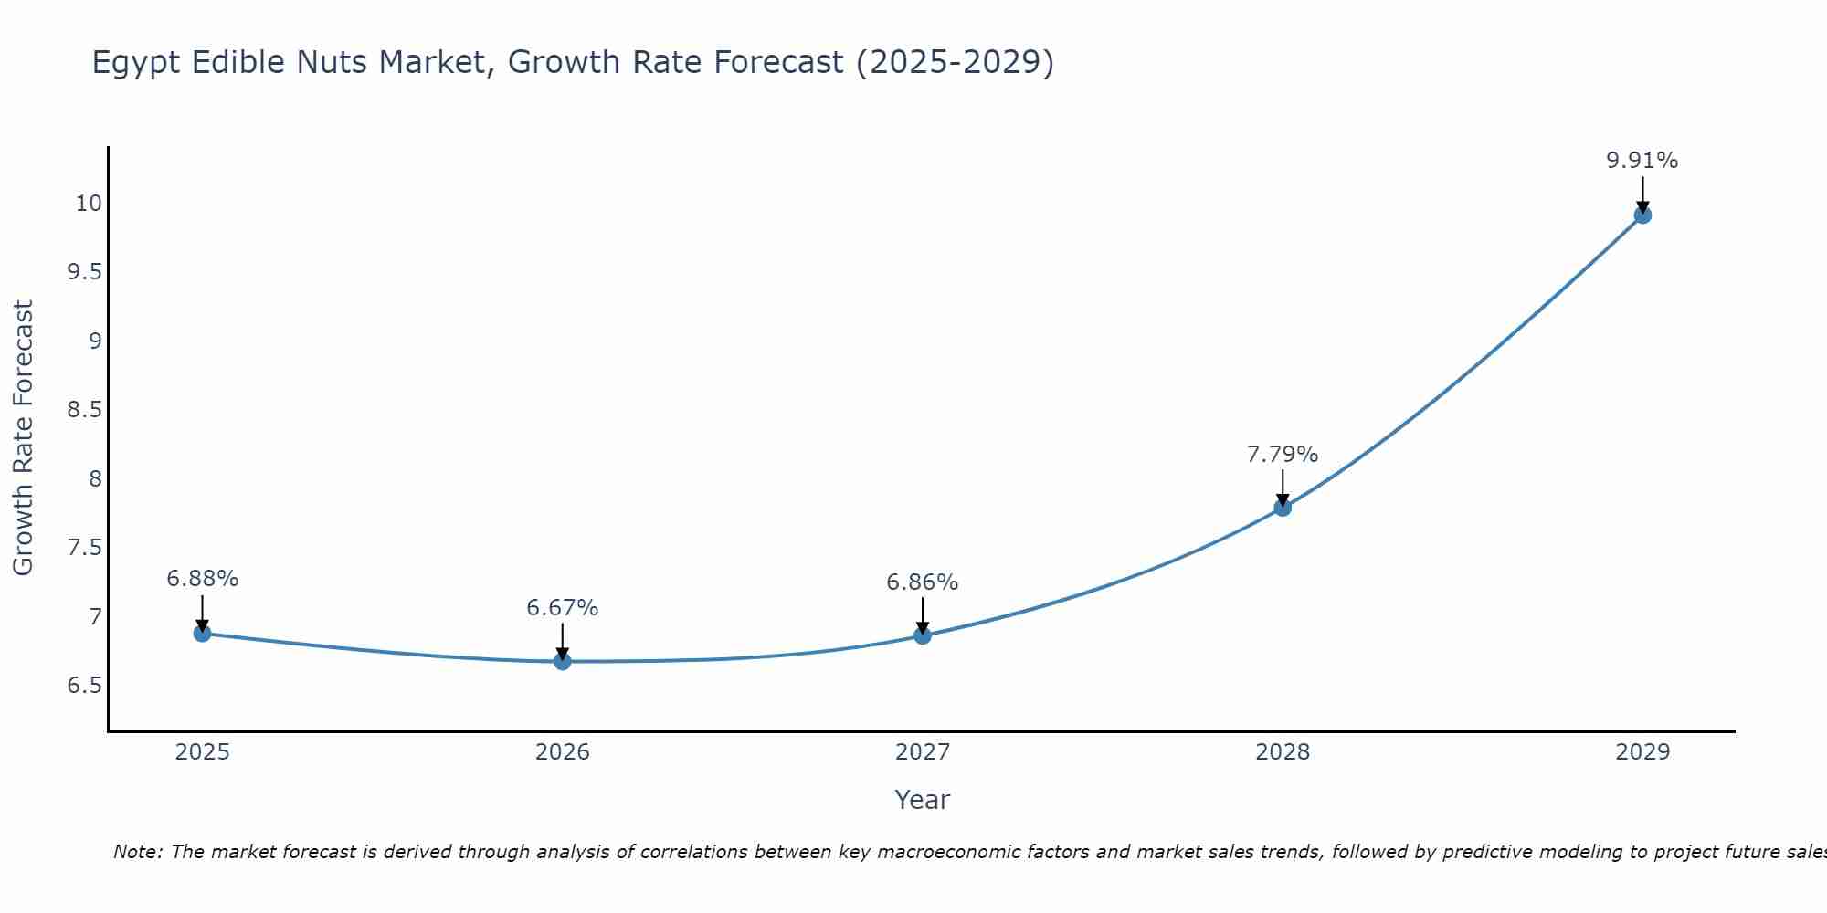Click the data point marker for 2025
[x=202, y=633]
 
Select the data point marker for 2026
[x=562, y=661]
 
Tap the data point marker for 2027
[x=922, y=635]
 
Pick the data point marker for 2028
[x=1282, y=508]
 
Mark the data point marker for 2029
[x=1642, y=215]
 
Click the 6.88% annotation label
[x=202, y=578]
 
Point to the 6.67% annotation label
[x=562, y=607]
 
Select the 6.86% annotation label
[x=922, y=582]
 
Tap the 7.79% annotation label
[x=1282, y=454]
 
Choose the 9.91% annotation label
[x=1642, y=161]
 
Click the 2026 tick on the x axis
[x=562, y=752]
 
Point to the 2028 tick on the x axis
[x=1282, y=752]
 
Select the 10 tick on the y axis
[x=89, y=203]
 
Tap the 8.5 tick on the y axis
[x=84, y=409]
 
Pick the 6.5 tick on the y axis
[x=84, y=685]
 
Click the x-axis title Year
[x=922, y=800]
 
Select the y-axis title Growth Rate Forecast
[x=23, y=437]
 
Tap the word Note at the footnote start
[x=137, y=852]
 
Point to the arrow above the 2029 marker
[x=1642, y=194]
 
